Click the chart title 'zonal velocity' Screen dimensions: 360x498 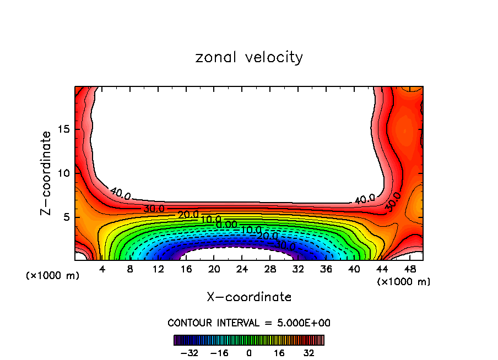pos(249,57)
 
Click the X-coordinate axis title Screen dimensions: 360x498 pos(249,297)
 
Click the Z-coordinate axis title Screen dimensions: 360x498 pos(47,173)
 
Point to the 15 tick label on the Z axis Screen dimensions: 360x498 pos(63,129)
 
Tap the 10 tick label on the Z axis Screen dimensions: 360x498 pos(63,173)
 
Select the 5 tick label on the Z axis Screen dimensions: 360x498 pos(66,217)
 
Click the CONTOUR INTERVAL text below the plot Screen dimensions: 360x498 pos(249,323)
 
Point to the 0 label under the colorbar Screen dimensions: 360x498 pos(249,353)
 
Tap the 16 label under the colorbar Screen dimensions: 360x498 pos(279,353)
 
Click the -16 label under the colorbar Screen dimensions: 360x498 pos(219,353)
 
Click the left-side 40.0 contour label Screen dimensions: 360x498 pos(121,194)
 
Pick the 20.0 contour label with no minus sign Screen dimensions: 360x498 pos(188,215)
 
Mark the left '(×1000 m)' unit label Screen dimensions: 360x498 pos(53,276)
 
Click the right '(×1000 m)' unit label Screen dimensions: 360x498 pos(404,282)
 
